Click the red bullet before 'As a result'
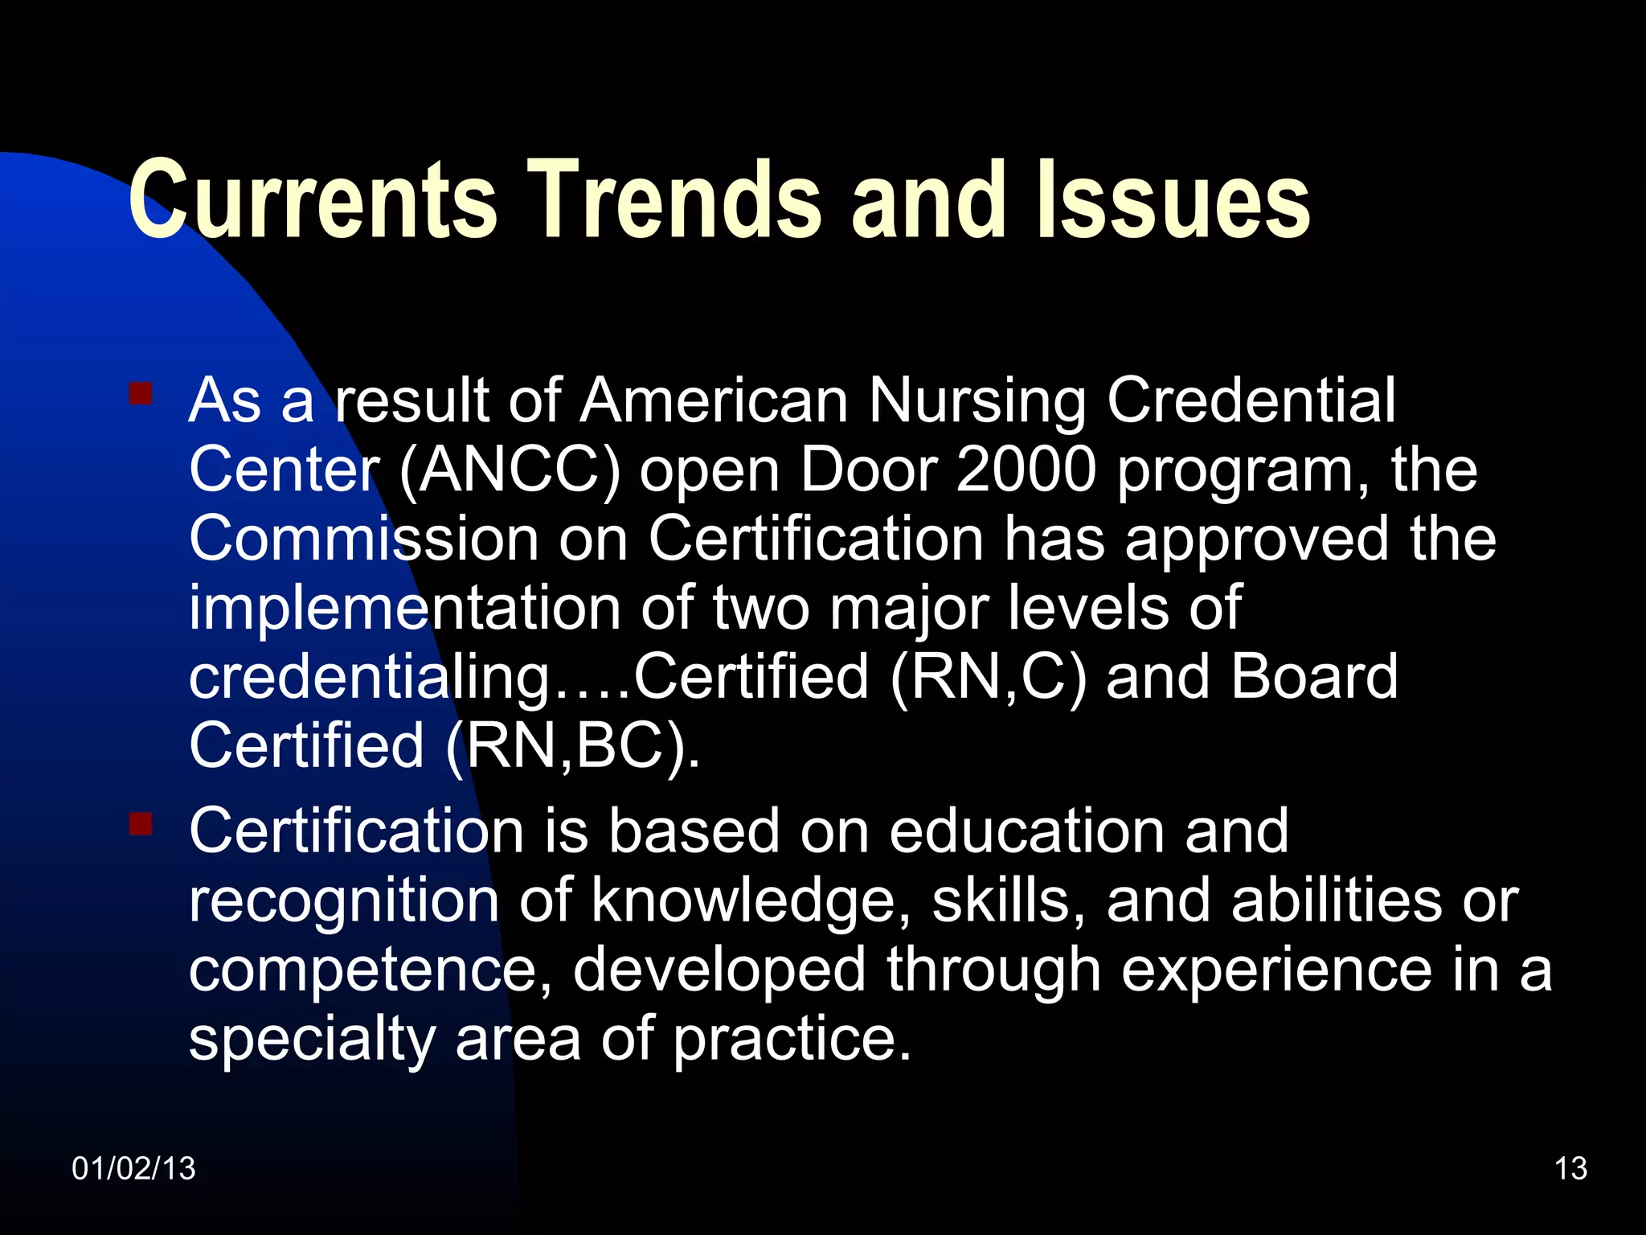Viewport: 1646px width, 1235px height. coord(141,393)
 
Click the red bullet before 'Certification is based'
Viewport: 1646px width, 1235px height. coord(141,824)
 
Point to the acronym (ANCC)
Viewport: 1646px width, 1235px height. coord(510,470)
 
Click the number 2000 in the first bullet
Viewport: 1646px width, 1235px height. coord(1026,470)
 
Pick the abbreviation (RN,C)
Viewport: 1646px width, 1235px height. coord(989,677)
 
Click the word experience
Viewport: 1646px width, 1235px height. coord(1276,970)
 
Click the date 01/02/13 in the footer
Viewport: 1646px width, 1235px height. coord(133,1168)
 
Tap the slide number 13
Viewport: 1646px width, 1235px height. coord(1570,1168)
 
